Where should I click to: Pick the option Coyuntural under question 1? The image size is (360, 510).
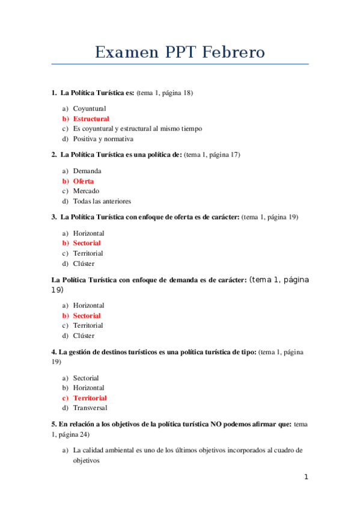click(x=90, y=108)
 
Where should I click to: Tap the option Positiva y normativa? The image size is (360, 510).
click(x=103, y=139)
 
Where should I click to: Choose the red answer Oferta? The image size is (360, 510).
click(x=84, y=181)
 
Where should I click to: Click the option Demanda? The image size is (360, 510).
click(x=87, y=171)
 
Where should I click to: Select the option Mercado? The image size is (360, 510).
click(x=86, y=191)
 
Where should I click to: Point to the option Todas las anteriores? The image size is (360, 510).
click(x=102, y=201)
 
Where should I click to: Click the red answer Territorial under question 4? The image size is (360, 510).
click(x=90, y=398)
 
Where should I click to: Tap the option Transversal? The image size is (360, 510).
click(x=90, y=408)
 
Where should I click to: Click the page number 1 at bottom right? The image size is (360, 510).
click(x=306, y=477)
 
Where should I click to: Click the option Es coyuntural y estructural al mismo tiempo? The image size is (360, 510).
click(x=138, y=129)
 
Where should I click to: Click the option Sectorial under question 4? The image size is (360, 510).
click(x=86, y=378)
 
